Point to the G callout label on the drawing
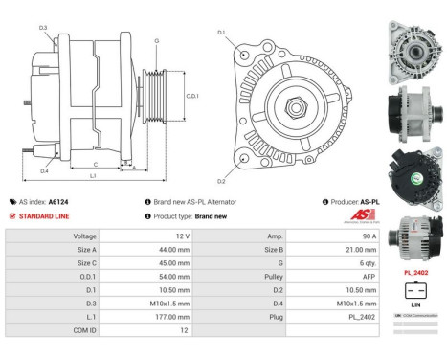pyautogui.click(x=157, y=40)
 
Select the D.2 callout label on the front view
pyautogui.click(x=221, y=180)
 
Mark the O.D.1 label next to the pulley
pyautogui.click(x=191, y=96)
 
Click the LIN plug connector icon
pyautogui.click(x=414, y=291)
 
